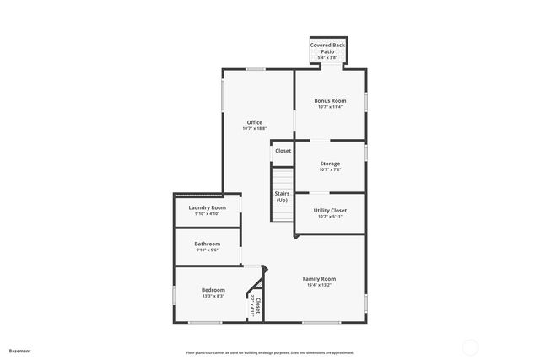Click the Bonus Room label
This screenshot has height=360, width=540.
tap(330, 101)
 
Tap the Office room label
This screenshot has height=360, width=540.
tap(254, 122)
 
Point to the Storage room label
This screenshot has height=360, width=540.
tap(330, 164)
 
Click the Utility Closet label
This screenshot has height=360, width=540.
tap(330, 210)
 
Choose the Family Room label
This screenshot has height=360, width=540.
tap(319, 278)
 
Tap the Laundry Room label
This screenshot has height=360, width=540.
tap(207, 207)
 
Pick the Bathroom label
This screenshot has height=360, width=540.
tap(207, 244)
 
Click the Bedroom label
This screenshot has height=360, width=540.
tap(213, 290)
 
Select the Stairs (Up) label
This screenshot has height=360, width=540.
tap(282, 196)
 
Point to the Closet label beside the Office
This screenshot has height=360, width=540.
tap(283, 151)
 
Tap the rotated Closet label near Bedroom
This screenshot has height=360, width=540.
tap(258, 305)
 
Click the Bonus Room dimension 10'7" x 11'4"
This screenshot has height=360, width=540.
tap(330, 107)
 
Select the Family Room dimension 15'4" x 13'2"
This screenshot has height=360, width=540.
tap(319, 285)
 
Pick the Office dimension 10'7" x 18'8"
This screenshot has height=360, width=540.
tap(254, 128)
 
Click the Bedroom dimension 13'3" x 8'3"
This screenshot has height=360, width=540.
tap(213, 296)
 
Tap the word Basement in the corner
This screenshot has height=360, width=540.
tap(19, 350)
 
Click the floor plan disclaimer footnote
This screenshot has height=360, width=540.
tap(270, 352)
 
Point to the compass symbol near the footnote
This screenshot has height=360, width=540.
tap(470, 346)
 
